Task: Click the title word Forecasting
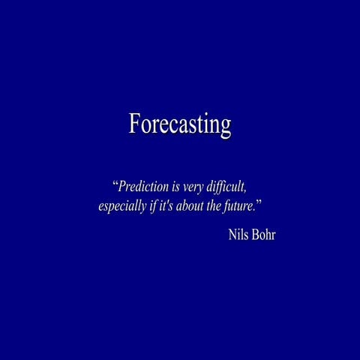(x=179, y=124)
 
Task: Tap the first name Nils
(x=239, y=234)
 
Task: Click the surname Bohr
(x=265, y=234)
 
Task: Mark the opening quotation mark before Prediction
(x=115, y=182)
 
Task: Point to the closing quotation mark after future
(x=259, y=202)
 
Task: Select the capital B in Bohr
(x=257, y=234)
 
